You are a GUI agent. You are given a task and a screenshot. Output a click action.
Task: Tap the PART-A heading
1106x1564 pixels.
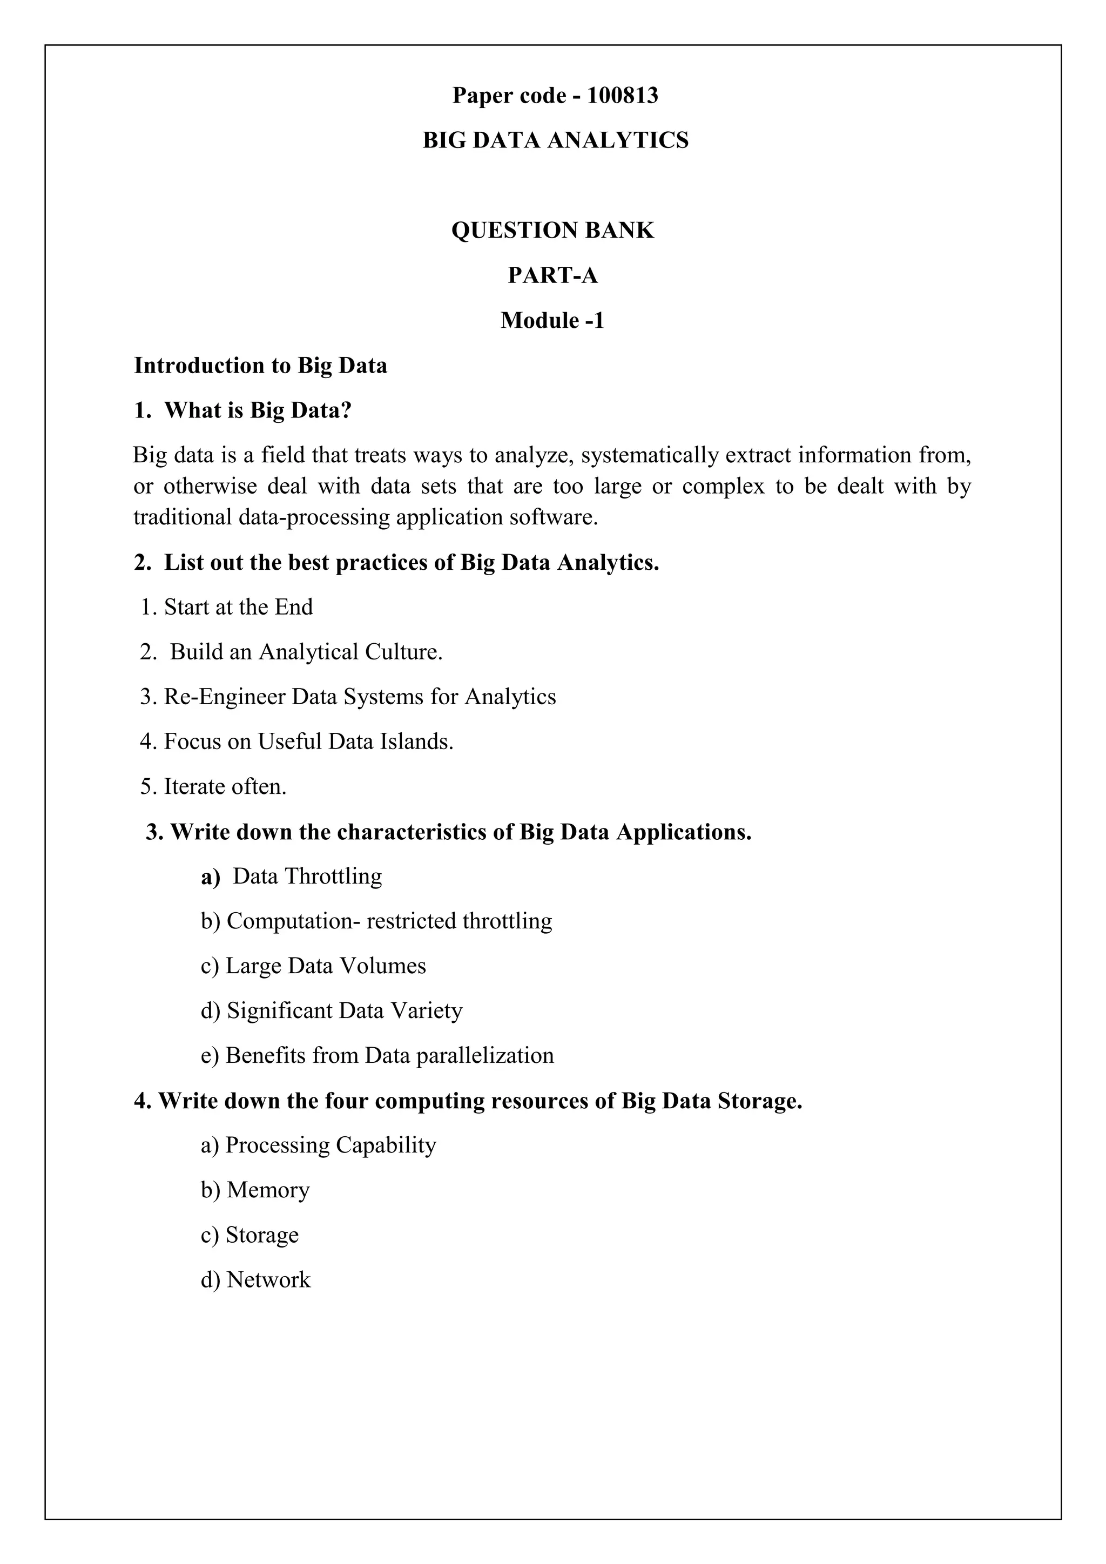coord(552,275)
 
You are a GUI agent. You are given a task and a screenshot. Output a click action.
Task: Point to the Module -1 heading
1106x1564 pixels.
coord(552,320)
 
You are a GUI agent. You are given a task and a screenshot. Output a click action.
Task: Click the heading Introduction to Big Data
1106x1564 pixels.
coord(260,366)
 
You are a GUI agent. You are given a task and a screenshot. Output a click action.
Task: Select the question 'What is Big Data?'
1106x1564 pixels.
coord(258,411)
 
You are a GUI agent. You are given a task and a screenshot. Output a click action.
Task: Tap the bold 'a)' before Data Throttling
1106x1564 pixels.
coord(211,877)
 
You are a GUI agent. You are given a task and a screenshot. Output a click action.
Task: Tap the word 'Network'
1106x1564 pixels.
coord(268,1280)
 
